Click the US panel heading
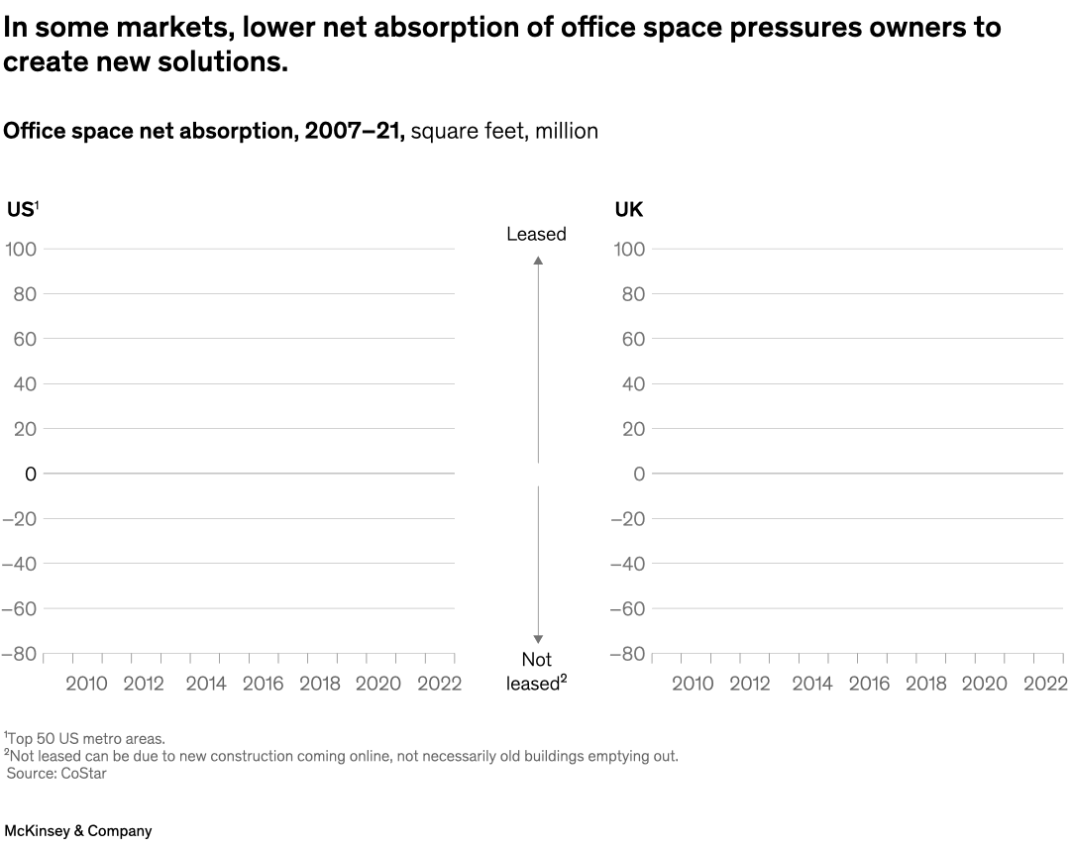(20, 210)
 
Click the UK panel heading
(628, 210)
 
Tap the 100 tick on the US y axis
(24, 250)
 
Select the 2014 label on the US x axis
(205, 684)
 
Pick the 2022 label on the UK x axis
(1044, 684)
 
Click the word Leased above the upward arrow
(536, 235)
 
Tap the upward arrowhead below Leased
(538, 261)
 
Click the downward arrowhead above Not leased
(538, 639)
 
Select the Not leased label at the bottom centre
(536, 672)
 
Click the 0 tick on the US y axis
(31, 475)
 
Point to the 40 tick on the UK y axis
(632, 384)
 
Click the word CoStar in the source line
(85, 774)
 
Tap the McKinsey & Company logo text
(77, 831)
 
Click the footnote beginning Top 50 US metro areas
(85, 738)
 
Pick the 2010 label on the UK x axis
(692, 684)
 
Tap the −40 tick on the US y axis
(20, 564)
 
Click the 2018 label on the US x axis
(319, 684)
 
